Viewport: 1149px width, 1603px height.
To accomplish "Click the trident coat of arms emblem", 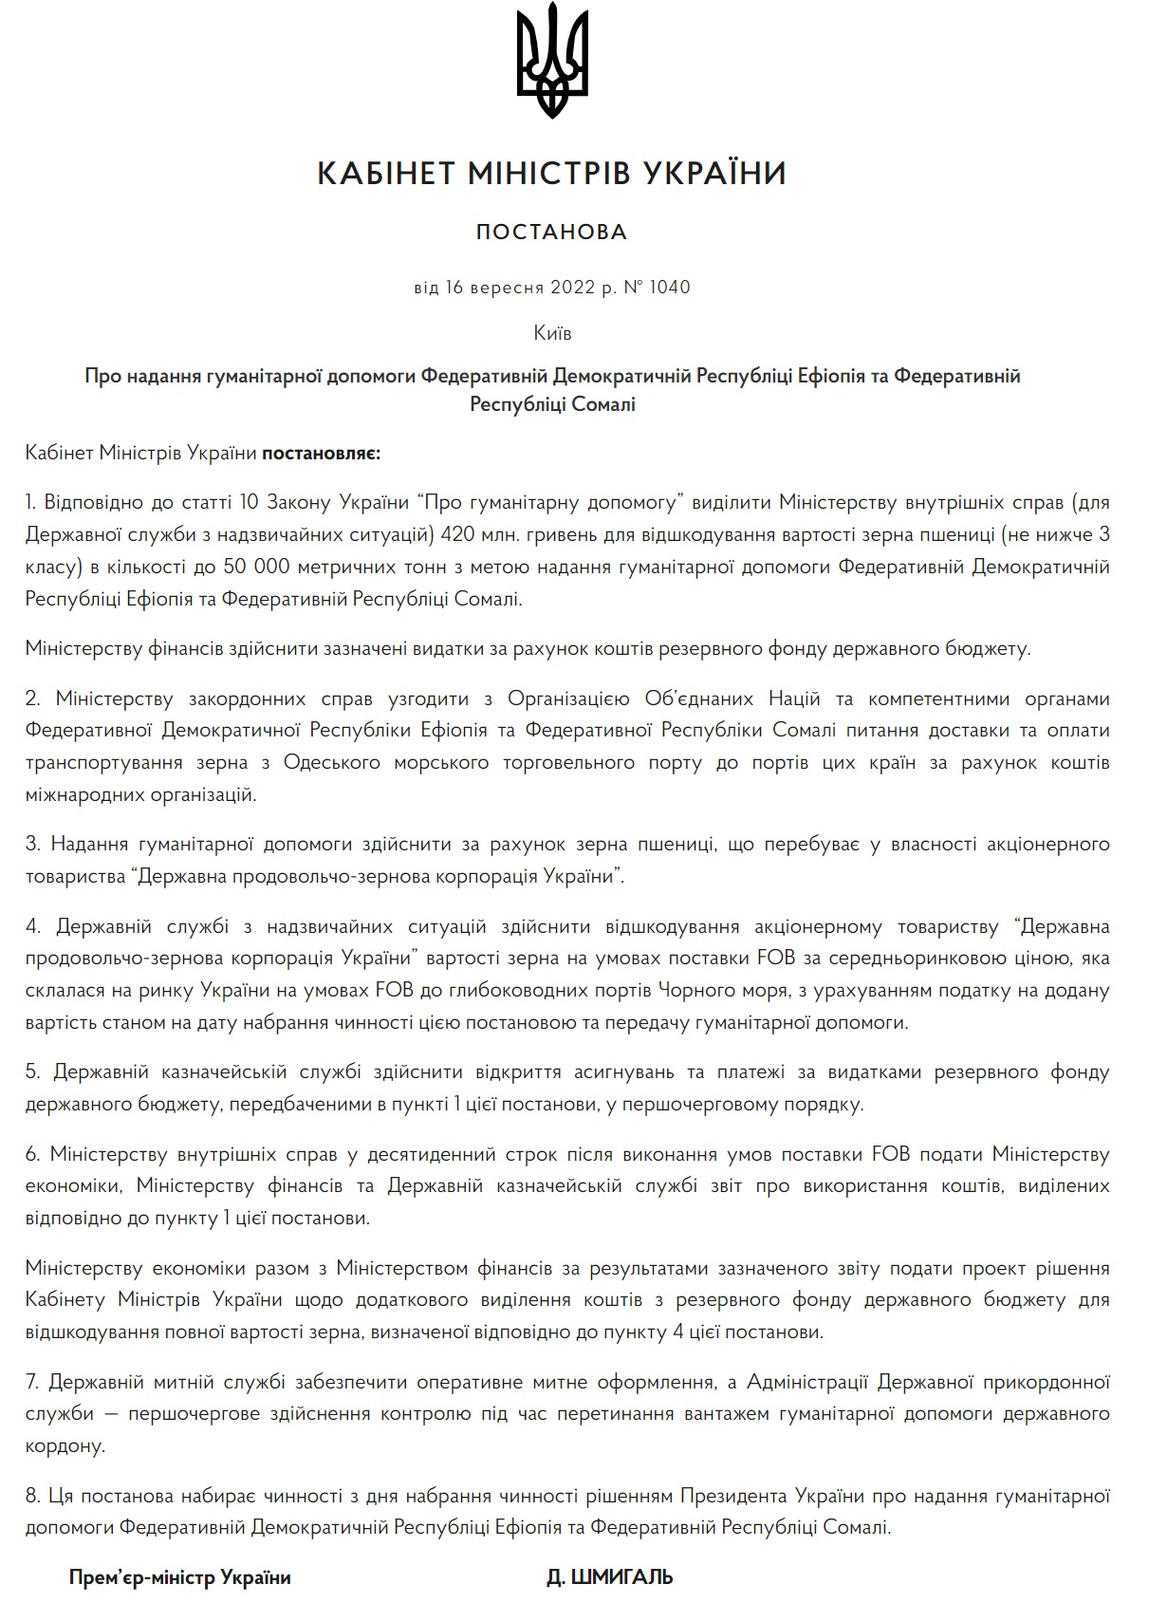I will [x=552, y=63].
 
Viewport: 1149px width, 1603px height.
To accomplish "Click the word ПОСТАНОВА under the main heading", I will [x=551, y=233].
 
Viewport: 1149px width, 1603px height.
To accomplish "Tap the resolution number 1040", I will [x=670, y=287].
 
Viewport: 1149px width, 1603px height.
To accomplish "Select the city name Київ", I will [x=552, y=333].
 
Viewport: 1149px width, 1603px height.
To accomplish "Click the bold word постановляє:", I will [x=321, y=453].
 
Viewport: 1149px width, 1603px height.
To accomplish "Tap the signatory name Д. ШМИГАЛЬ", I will [x=610, y=1577].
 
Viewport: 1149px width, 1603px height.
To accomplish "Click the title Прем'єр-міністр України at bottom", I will [x=179, y=1577].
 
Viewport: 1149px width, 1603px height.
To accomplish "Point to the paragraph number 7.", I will [x=31, y=1382].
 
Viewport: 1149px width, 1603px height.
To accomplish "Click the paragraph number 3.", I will [x=32, y=844].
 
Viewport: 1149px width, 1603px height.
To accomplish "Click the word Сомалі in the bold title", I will [x=603, y=404].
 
